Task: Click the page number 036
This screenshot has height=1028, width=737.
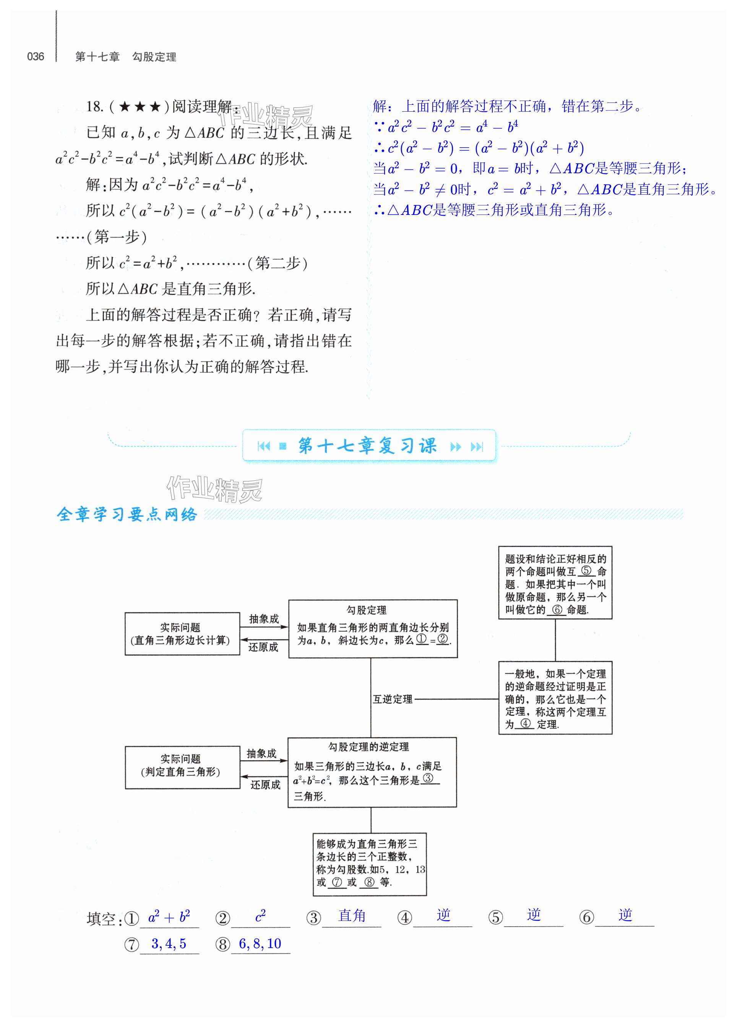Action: point(35,57)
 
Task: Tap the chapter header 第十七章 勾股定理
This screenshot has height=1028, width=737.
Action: point(125,57)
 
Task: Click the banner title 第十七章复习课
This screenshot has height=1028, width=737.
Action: point(367,446)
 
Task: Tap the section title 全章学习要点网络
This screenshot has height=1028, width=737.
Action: point(127,514)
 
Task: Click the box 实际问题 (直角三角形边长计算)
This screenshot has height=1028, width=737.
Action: point(182,634)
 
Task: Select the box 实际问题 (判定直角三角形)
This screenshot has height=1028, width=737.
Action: point(182,766)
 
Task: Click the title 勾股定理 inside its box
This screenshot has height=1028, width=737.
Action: point(367,610)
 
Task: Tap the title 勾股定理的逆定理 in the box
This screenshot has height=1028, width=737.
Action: point(368,747)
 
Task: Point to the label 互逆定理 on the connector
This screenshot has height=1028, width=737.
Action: point(392,699)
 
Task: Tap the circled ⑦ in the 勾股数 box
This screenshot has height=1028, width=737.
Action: point(336,882)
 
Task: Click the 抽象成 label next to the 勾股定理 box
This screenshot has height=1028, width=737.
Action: point(264,619)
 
